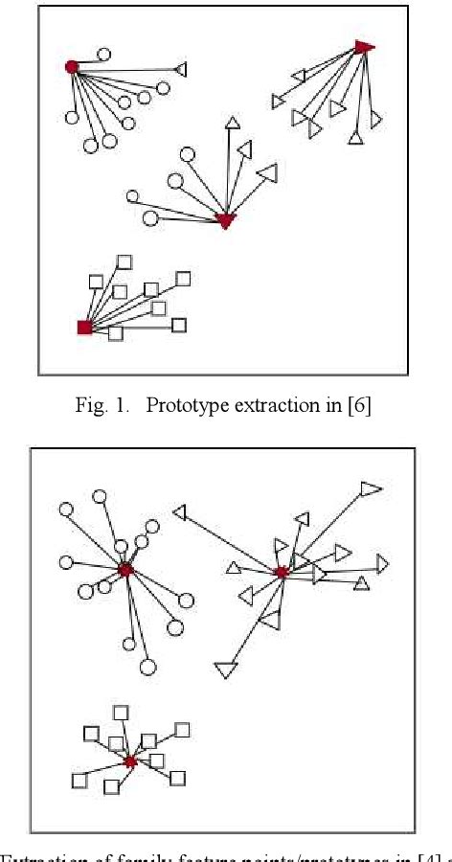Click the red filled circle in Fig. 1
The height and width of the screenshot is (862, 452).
pyautogui.click(x=71, y=66)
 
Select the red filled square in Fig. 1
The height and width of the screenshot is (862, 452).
pyautogui.click(x=84, y=328)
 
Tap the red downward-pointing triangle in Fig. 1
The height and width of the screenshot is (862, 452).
pyautogui.click(x=225, y=221)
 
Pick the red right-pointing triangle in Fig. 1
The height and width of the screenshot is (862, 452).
pyautogui.click(x=363, y=47)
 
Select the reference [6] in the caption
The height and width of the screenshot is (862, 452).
pyautogui.click(x=358, y=405)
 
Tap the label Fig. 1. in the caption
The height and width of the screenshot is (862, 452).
pyautogui.click(x=101, y=405)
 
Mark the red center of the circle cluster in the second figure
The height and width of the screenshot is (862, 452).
pyautogui.click(x=124, y=570)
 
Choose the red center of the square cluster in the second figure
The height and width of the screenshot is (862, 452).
pyautogui.click(x=130, y=761)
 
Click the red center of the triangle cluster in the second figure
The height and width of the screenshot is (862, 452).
pyautogui.click(x=282, y=572)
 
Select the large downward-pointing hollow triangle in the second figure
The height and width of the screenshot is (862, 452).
pyautogui.click(x=225, y=669)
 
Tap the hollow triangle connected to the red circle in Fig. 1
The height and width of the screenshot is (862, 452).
pyautogui.click(x=181, y=69)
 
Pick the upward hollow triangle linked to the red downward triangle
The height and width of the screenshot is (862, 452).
pyautogui.click(x=232, y=122)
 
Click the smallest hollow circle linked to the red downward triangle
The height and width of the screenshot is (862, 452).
pyautogui.click(x=132, y=196)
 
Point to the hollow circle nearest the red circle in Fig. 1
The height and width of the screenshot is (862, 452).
pyautogui.click(x=103, y=55)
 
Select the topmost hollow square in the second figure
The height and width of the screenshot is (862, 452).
pyautogui.click(x=121, y=712)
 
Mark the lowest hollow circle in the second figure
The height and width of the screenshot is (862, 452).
pyautogui.click(x=147, y=666)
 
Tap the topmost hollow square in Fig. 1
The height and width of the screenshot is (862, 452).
pyautogui.click(x=124, y=261)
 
